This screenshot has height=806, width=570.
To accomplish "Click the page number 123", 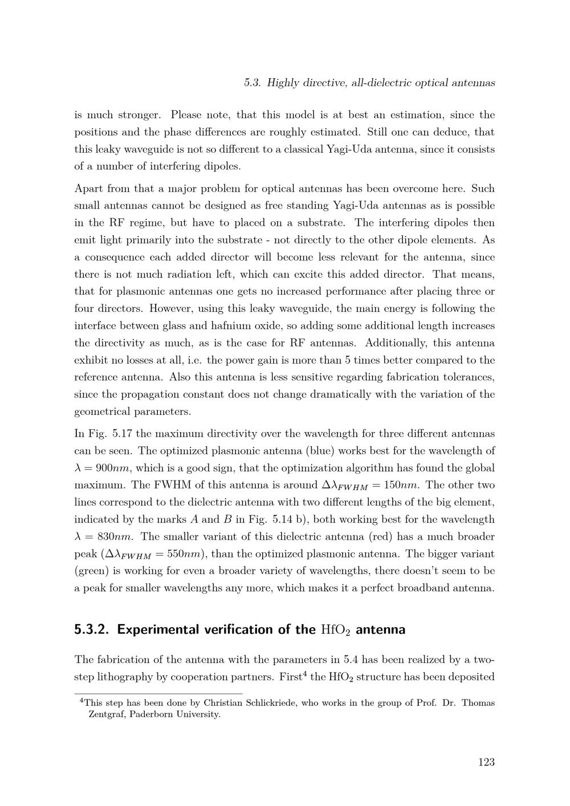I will (486, 762).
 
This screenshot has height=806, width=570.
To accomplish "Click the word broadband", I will (416, 588).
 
